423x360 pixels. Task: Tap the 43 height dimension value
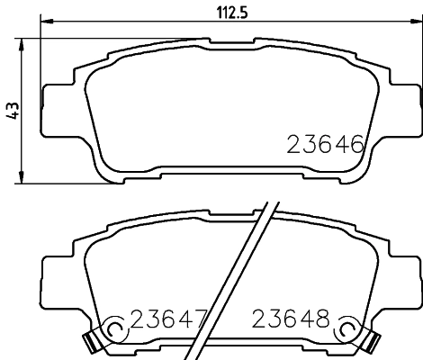point(12,111)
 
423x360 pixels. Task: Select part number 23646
point(325,144)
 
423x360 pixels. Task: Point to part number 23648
point(291,319)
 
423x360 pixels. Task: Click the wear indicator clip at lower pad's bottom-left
point(89,341)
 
